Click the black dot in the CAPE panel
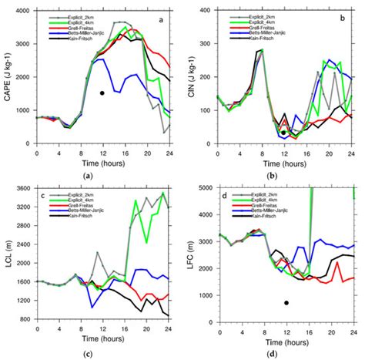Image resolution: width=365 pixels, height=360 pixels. click(x=102, y=93)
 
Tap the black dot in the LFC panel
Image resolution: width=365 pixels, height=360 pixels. click(x=286, y=303)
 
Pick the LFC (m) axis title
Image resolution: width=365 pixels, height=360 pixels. click(x=193, y=254)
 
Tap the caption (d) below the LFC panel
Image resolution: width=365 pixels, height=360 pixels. click(x=286, y=353)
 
